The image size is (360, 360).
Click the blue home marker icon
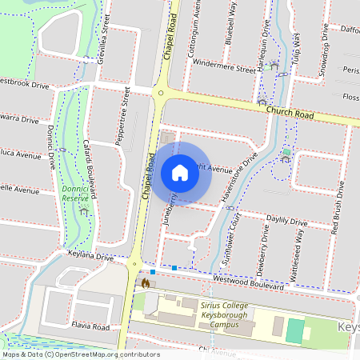pos(180,173)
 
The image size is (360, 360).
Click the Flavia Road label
pos(89,327)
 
